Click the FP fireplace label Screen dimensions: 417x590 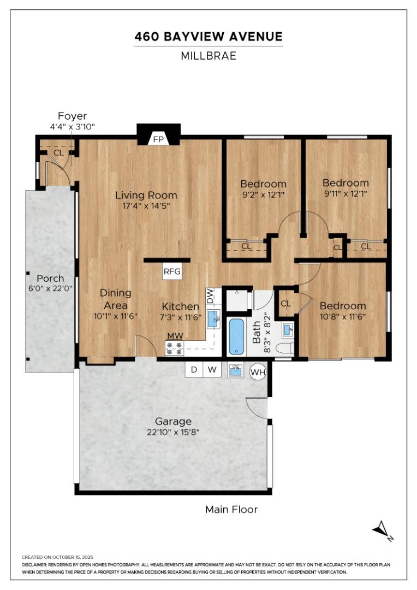click(159, 139)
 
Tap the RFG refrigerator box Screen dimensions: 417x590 click(172, 272)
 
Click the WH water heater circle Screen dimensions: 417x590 click(258, 373)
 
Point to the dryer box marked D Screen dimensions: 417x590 click(194, 369)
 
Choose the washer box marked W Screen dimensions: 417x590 click(212, 369)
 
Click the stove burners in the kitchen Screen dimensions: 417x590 click(175, 348)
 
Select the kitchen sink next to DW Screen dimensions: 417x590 click(214, 319)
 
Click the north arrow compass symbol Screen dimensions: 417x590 click(383, 531)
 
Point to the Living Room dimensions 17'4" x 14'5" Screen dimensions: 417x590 click(146, 206)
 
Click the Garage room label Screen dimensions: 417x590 click(174, 421)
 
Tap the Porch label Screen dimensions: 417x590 click(50, 279)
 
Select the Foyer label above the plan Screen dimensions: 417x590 click(72, 116)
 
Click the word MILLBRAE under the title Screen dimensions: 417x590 click(208, 56)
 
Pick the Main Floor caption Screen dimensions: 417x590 click(231, 510)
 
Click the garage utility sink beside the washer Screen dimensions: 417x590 click(236, 370)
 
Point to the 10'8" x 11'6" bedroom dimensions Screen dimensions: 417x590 click(343, 316)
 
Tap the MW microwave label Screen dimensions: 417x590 click(175, 335)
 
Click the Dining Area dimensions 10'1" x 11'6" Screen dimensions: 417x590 click(115, 316)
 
